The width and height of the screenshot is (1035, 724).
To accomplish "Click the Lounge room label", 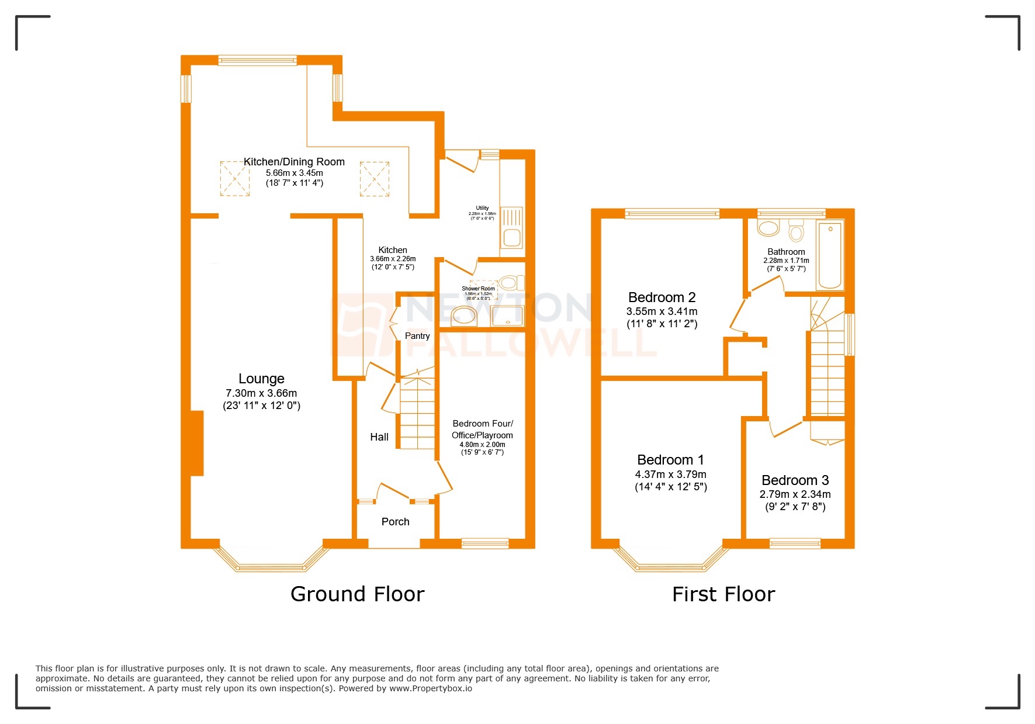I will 261,379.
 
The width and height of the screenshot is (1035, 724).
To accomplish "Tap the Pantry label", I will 417,336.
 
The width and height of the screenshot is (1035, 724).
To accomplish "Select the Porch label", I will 395,522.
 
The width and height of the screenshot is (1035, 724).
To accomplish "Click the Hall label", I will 379,437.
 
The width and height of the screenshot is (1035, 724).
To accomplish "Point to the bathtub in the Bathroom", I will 830,255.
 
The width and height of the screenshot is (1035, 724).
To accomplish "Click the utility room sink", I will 512,228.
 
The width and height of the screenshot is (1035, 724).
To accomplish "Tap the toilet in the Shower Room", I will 511,283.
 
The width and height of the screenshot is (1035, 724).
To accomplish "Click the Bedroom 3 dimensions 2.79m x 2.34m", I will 795,494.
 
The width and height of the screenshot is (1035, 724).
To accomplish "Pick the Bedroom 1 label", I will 670,460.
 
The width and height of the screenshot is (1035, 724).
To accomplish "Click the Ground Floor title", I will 357,594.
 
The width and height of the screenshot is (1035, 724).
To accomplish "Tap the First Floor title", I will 723,594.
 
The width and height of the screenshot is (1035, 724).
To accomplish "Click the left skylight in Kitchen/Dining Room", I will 234,179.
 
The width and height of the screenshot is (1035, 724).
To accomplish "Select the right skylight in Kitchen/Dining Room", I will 374,179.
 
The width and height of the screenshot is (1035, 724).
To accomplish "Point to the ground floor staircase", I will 417,415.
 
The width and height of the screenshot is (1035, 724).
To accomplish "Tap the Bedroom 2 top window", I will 672,214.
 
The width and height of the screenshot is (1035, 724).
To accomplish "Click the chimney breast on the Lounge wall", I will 197,443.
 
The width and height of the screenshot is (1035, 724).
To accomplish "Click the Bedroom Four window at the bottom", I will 485,543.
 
